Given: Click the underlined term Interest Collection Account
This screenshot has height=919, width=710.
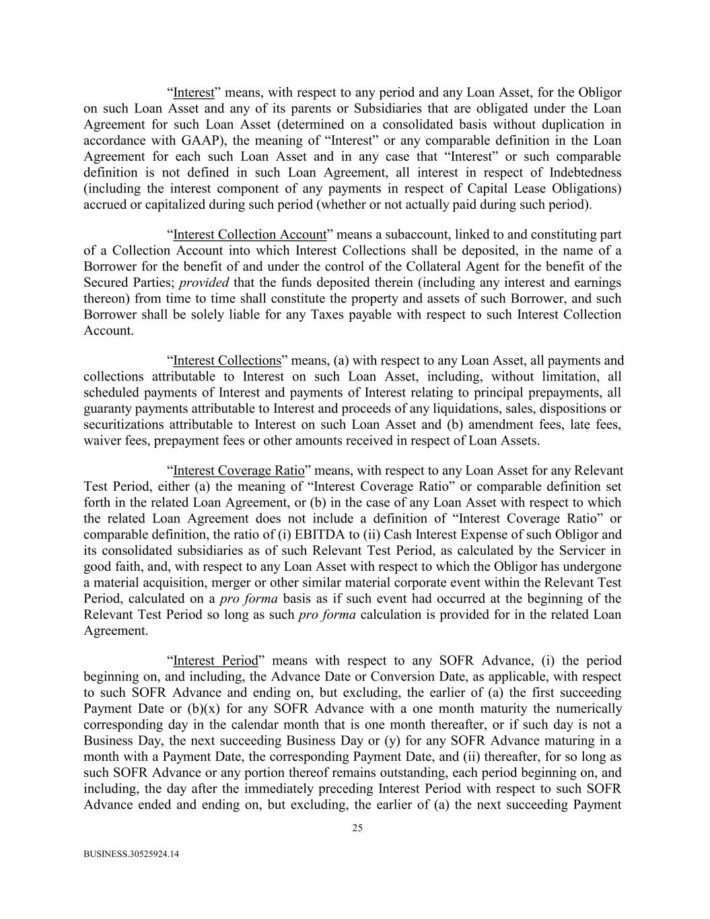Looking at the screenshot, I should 250,235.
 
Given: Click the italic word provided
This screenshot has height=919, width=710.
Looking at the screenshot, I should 204,283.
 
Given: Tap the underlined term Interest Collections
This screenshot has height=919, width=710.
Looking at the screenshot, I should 227,361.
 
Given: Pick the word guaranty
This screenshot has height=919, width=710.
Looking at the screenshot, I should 106,409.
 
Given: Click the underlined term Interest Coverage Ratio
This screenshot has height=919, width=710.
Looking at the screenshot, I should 239,471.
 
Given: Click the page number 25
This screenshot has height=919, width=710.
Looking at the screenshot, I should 357,829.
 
